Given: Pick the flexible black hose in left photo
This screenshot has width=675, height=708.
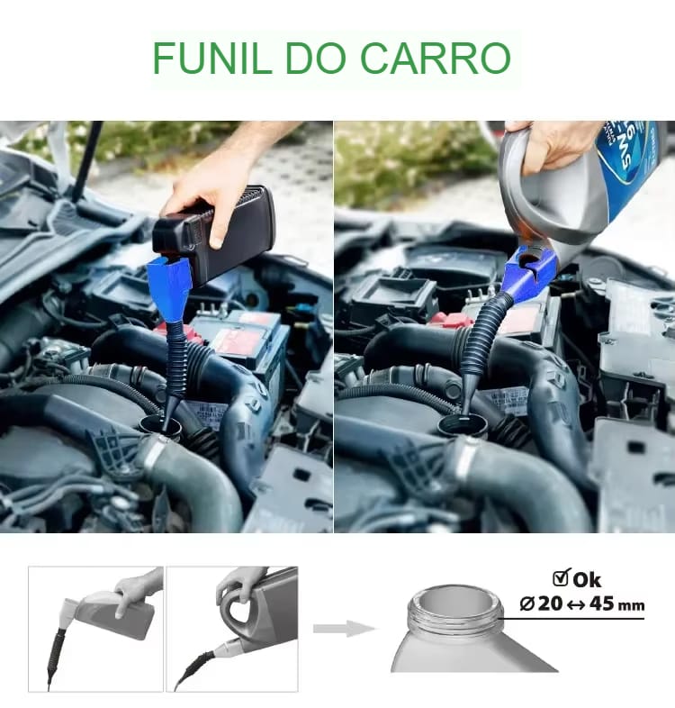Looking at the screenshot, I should tap(176, 360).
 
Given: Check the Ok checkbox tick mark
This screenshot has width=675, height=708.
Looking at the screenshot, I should tap(560, 578).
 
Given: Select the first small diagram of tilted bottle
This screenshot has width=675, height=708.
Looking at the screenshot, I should tap(95, 628).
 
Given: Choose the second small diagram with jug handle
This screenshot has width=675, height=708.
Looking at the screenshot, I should tap(232, 628).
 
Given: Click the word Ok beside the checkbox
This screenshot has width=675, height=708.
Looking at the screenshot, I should tap(587, 579).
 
